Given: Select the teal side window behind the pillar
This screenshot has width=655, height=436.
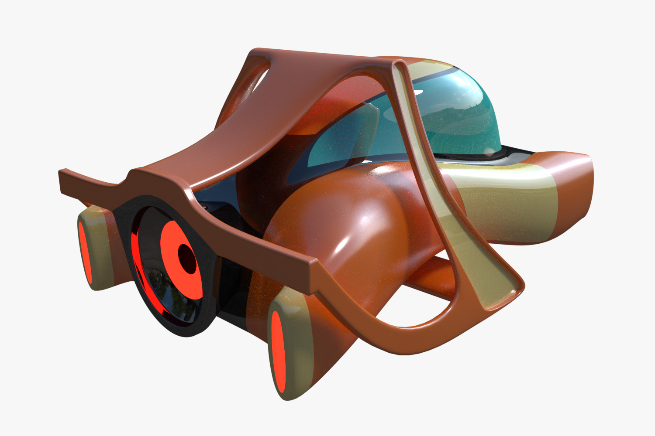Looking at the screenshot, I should click(x=345, y=140).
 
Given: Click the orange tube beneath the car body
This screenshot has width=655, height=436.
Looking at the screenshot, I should click(x=432, y=279).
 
